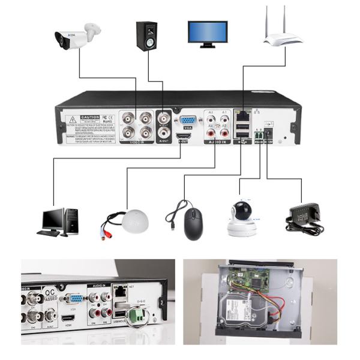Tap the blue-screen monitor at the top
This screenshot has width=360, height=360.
coord(208,32)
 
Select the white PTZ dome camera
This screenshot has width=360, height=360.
coord(242,218)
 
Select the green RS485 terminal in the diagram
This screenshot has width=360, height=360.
coord(259,135)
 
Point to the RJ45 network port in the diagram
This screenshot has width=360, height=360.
coord(243,113)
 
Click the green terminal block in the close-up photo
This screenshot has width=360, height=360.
coord(139,314)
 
